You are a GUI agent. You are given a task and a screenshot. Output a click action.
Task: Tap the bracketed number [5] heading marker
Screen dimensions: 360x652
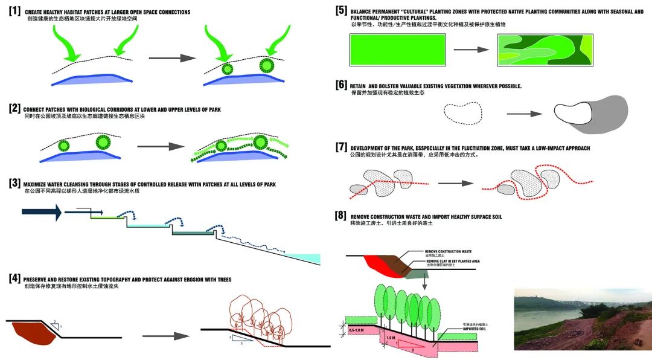click(341, 10)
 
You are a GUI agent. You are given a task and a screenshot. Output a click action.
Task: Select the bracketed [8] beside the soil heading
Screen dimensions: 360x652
click(341, 216)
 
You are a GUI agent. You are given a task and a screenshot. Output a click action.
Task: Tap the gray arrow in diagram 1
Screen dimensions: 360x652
click(172, 59)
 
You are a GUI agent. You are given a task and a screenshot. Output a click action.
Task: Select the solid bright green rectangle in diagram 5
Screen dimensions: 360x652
click(398, 50)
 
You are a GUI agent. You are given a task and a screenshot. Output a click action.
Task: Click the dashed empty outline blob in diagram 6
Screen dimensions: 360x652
click(463, 112)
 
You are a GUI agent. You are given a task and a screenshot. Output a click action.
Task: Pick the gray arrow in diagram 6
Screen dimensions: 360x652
click(524, 113)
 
